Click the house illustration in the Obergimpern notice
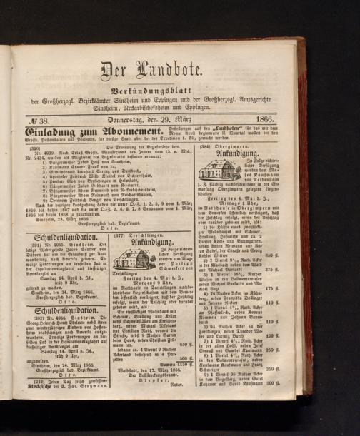(219, 169)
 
